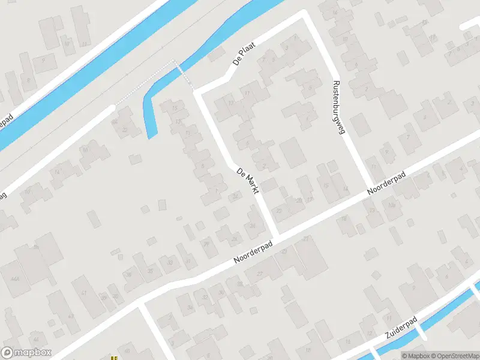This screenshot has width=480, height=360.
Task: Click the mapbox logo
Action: (26, 353)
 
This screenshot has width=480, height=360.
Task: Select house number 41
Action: (84, 293)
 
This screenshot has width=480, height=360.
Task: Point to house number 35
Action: (150, 271)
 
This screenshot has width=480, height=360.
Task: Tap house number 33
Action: (170, 263)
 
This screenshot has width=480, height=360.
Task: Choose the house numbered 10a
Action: (391, 205)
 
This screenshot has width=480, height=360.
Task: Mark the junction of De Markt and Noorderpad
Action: (276, 235)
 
